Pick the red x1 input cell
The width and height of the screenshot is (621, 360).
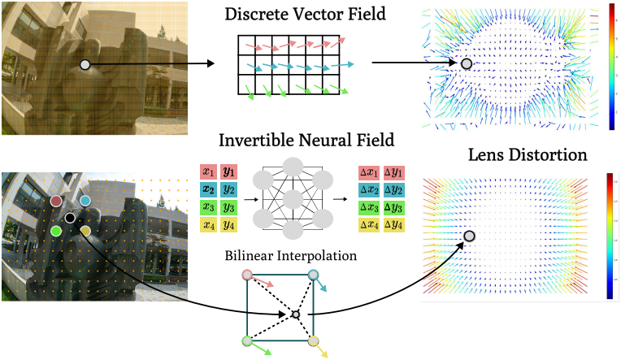[208, 171]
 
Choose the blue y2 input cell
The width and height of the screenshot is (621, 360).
[228, 189]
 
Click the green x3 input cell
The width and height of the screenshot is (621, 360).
[208, 207]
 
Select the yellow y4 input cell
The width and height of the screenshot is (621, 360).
[228, 225]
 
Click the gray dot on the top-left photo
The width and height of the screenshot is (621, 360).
[85, 64]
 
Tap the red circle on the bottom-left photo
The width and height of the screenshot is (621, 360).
[56, 201]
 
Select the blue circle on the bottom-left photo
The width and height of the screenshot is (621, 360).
[85, 201]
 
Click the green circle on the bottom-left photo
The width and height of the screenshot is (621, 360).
[56, 231]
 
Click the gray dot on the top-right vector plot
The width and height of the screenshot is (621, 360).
[466, 63]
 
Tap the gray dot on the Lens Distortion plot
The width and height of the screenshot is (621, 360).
[469, 236]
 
